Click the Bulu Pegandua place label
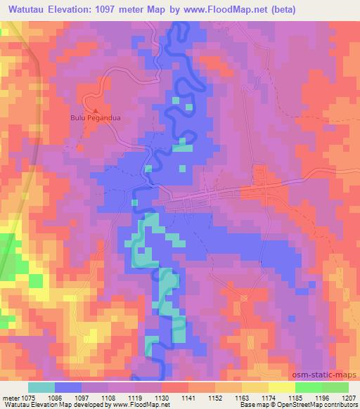(95, 118)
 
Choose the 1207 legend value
(349, 397)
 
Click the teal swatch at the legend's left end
(41, 387)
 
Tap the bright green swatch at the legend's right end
(335, 387)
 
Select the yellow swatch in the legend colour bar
(282, 387)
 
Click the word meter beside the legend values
(11, 397)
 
